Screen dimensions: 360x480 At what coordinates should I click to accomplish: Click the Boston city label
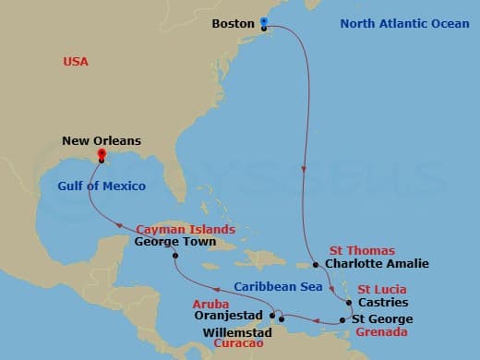pyautogui.click(x=233, y=23)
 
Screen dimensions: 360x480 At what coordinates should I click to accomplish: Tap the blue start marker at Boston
pyautogui.click(x=264, y=22)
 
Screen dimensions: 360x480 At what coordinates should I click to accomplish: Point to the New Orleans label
pyautogui.click(x=102, y=140)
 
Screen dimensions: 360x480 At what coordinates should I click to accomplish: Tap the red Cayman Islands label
pyautogui.click(x=185, y=229)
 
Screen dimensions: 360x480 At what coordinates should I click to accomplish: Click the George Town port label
pyautogui.click(x=175, y=243)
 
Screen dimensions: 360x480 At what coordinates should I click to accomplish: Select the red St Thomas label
pyautogui.click(x=362, y=250)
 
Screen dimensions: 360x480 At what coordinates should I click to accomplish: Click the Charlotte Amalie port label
pyautogui.click(x=379, y=263)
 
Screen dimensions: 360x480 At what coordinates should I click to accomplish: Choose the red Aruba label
pyautogui.click(x=210, y=302)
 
